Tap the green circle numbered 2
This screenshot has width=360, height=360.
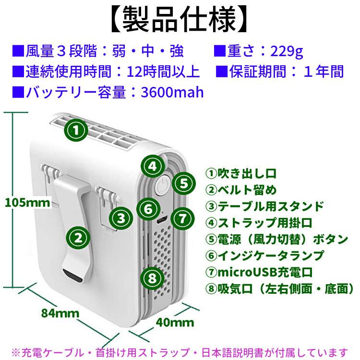click(78, 236)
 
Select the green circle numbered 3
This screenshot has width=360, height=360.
click(121, 218)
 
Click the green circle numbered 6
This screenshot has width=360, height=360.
click(148, 209)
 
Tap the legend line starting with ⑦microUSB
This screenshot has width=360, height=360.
click(259, 272)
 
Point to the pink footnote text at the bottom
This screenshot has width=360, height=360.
click(180, 351)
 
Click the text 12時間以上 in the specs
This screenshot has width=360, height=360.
click(163, 72)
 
